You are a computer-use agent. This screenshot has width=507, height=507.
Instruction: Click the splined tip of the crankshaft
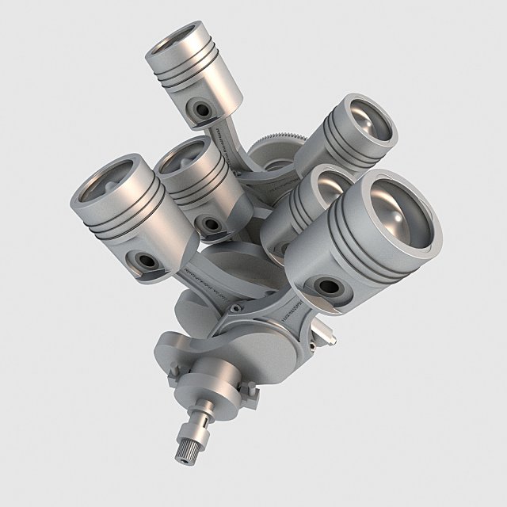[184, 451]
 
